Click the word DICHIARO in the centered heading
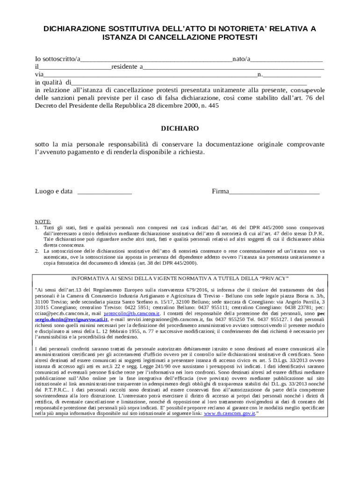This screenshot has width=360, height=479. pos(180,128)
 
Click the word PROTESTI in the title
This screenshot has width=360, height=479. pos(237,37)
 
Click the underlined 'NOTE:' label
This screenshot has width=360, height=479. pos(43,221)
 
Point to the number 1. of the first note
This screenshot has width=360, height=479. pos(37,227)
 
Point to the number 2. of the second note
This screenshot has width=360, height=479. pos(37,251)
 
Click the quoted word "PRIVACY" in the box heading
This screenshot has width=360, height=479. pos(273,278)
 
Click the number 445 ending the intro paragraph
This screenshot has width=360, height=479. pos(213,106)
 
